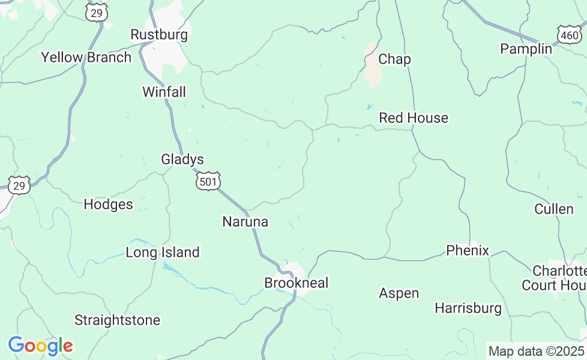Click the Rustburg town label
coord(159,35)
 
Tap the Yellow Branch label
coord(86,58)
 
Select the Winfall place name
coord(164,92)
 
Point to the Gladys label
coord(182,160)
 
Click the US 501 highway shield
coord(208,181)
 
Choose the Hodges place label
coord(108,205)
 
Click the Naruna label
coord(245,222)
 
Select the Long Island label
coord(162,253)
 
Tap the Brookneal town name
coord(297,283)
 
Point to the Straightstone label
coord(117,320)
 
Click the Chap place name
coord(394,59)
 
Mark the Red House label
coord(414,118)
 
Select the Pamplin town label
coord(526,49)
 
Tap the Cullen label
coord(554,209)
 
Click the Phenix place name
coord(468,250)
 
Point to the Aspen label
coord(399,293)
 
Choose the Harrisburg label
coord(468,308)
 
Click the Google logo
coord(40,346)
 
